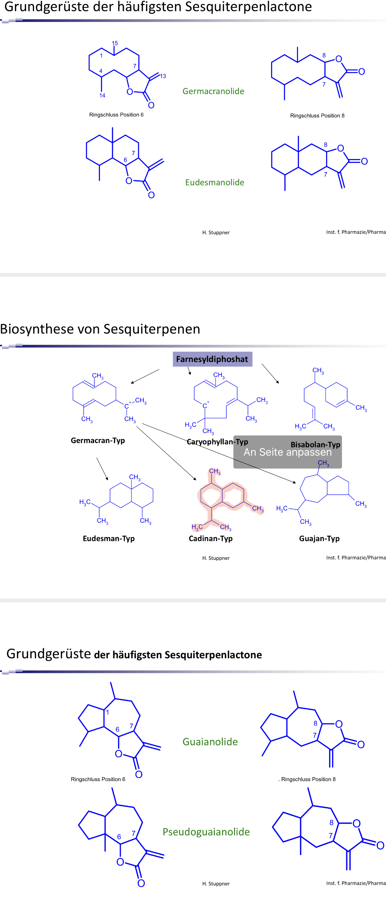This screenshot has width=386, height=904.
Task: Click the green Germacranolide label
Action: pyautogui.click(x=213, y=91)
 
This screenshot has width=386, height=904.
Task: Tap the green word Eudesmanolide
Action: pyautogui.click(x=215, y=182)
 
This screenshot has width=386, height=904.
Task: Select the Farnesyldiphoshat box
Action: pyautogui.click(x=212, y=359)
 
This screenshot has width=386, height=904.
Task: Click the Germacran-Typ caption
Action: pyautogui.click(x=98, y=440)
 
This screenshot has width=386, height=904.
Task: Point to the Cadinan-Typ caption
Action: pyautogui.click(x=211, y=538)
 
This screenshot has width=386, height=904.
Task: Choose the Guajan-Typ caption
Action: pyautogui.click(x=319, y=538)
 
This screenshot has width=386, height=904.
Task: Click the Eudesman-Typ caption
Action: pyautogui.click(x=109, y=538)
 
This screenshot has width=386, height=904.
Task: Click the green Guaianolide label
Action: pyautogui.click(x=210, y=742)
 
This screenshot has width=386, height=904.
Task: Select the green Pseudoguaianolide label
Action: pyautogui.click(x=206, y=832)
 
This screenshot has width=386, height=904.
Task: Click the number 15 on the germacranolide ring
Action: pyautogui.click(x=115, y=43)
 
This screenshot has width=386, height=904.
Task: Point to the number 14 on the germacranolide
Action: pyautogui.click(x=102, y=95)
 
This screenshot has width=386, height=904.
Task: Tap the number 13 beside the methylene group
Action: pyautogui.click(x=163, y=76)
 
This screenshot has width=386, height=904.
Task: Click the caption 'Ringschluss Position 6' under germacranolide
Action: pyautogui.click(x=116, y=115)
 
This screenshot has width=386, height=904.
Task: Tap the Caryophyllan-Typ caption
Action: pyautogui.click(x=217, y=442)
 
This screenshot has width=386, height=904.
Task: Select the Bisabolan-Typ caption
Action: pyautogui.click(x=315, y=444)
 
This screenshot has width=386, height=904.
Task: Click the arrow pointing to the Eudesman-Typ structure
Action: pyautogui.click(x=102, y=469)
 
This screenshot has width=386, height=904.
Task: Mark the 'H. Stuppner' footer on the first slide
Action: pyautogui.click(x=216, y=233)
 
